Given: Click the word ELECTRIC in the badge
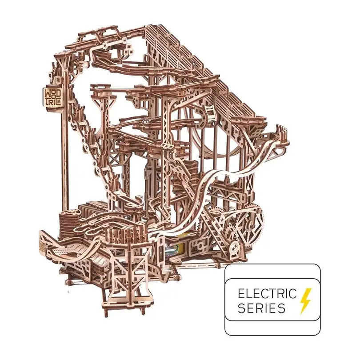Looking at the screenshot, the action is coord(267,294).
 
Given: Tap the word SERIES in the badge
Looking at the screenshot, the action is coord(261,308).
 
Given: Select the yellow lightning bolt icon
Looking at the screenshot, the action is coord(306,301).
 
